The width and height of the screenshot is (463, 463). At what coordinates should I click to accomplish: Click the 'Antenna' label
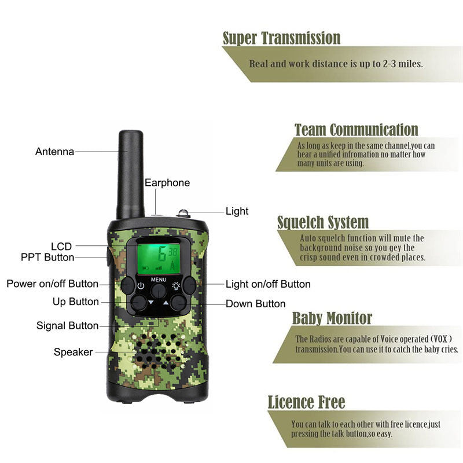(x=54, y=152)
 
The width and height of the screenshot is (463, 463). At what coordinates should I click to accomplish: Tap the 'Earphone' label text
(x=167, y=183)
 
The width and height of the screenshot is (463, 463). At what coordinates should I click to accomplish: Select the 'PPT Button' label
(x=47, y=257)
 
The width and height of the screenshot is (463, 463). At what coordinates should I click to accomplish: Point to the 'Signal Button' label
(x=68, y=325)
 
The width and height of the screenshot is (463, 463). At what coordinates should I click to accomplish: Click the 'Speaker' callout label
(x=74, y=352)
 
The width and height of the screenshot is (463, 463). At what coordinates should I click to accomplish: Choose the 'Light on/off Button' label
(x=268, y=284)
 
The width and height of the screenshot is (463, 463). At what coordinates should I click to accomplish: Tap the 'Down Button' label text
(x=256, y=303)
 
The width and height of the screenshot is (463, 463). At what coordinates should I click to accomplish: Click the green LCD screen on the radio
(x=159, y=259)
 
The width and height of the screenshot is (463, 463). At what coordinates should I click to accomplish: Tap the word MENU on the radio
(x=159, y=280)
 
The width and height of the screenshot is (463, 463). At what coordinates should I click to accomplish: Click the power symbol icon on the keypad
(x=141, y=286)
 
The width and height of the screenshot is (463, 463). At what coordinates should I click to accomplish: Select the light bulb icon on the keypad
(x=176, y=285)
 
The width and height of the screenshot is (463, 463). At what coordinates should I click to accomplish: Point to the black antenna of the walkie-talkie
(x=131, y=174)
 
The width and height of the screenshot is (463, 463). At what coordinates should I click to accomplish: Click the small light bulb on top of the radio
(x=183, y=213)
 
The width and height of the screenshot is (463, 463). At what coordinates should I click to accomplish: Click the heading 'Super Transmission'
(x=281, y=38)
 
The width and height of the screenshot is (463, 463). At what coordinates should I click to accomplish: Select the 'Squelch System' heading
(x=323, y=222)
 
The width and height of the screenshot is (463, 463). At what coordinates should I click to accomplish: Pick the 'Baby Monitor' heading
(x=332, y=318)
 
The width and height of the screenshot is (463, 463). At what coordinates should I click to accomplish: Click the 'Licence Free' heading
(x=306, y=402)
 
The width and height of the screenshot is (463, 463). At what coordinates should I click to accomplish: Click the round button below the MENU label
(x=159, y=291)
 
